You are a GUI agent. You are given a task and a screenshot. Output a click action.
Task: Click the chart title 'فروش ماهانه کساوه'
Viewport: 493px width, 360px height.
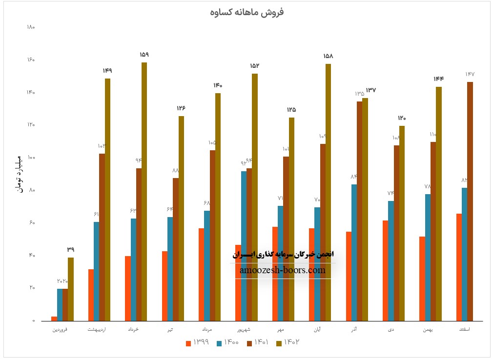[246, 12]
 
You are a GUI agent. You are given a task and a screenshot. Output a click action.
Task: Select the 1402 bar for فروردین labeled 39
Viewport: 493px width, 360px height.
[71, 289]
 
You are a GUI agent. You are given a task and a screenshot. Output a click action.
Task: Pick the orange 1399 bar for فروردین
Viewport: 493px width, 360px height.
[54, 319]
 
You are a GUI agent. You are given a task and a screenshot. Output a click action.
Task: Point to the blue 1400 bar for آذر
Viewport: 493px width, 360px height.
[354, 252]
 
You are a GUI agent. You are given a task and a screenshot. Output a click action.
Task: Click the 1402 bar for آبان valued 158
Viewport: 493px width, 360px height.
[328, 192]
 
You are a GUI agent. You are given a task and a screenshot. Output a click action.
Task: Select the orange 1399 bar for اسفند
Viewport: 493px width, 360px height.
[459, 267]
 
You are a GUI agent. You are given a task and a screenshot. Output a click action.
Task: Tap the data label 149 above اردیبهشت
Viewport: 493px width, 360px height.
[107, 71]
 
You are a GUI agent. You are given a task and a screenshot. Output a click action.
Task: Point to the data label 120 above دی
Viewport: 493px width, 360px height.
[402, 118]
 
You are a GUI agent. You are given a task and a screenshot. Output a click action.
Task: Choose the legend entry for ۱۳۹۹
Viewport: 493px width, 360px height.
[198, 342]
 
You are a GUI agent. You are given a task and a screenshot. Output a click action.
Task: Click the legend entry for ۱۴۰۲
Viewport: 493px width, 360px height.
[288, 342]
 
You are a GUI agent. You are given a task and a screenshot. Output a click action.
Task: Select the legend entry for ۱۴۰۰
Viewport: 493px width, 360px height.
[228, 342]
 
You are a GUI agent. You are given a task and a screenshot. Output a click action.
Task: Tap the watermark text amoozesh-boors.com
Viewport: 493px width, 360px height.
[283, 270]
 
